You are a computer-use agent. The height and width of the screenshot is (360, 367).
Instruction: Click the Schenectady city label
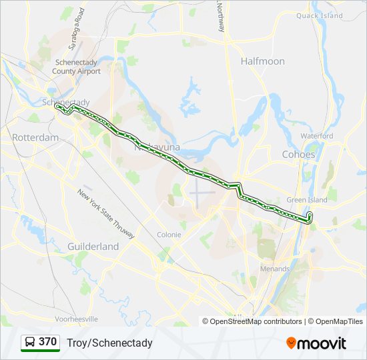click(65, 102)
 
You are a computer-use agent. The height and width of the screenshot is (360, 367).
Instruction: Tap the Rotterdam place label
click(35, 137)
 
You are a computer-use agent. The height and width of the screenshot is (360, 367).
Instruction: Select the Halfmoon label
click(262, 61)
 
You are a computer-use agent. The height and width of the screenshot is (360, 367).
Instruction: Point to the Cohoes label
click(298, 154)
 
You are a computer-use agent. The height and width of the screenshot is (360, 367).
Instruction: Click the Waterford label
click(316, 136)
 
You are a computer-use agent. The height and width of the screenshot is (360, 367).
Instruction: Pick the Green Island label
click(307, 200)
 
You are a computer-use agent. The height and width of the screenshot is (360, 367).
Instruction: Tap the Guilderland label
click(93, 247)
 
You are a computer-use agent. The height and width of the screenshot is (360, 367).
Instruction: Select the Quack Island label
click(319, 15)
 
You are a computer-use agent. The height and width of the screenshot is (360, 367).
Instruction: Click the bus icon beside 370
click(30, 343)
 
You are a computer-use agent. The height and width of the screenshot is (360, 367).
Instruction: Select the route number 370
click(47, 342)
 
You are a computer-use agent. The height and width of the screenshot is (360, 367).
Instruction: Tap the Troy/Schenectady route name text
click(109, 343)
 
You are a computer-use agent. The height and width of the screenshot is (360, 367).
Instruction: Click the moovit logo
click(316, 343)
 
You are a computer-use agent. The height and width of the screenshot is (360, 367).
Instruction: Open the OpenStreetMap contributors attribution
click(256, 321)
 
